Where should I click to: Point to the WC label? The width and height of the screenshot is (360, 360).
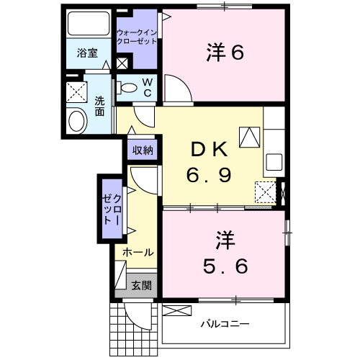coord(146,87)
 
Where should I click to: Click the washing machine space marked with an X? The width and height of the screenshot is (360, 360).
coord(76,92)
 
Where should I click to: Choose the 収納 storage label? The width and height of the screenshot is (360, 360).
coord(143,150)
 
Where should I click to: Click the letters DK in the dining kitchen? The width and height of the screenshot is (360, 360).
coord(209,150)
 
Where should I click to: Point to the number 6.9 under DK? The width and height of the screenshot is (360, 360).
coord(210,175)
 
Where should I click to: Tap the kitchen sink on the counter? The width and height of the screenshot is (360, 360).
coord(274,161)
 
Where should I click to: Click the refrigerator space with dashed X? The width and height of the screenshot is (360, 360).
coord(266,192)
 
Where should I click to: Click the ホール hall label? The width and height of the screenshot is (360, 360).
coord(137,253)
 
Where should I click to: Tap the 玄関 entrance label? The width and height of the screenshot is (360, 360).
coord(141,286)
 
